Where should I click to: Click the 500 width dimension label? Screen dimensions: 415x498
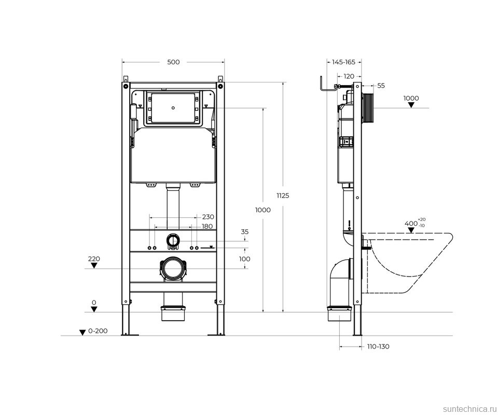173,62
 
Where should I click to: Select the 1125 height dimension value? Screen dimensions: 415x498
283,196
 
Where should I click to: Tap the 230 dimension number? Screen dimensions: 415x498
208,217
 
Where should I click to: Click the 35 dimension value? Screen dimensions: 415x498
245,232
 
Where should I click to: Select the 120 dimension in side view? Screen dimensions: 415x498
349,76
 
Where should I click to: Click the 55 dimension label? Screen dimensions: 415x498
381,86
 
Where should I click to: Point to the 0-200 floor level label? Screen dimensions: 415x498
98,331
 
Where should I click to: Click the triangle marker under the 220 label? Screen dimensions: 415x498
94,266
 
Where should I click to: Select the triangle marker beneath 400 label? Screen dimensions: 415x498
411,231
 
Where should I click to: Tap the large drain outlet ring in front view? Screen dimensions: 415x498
173,269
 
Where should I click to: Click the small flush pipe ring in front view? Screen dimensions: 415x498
173,240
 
